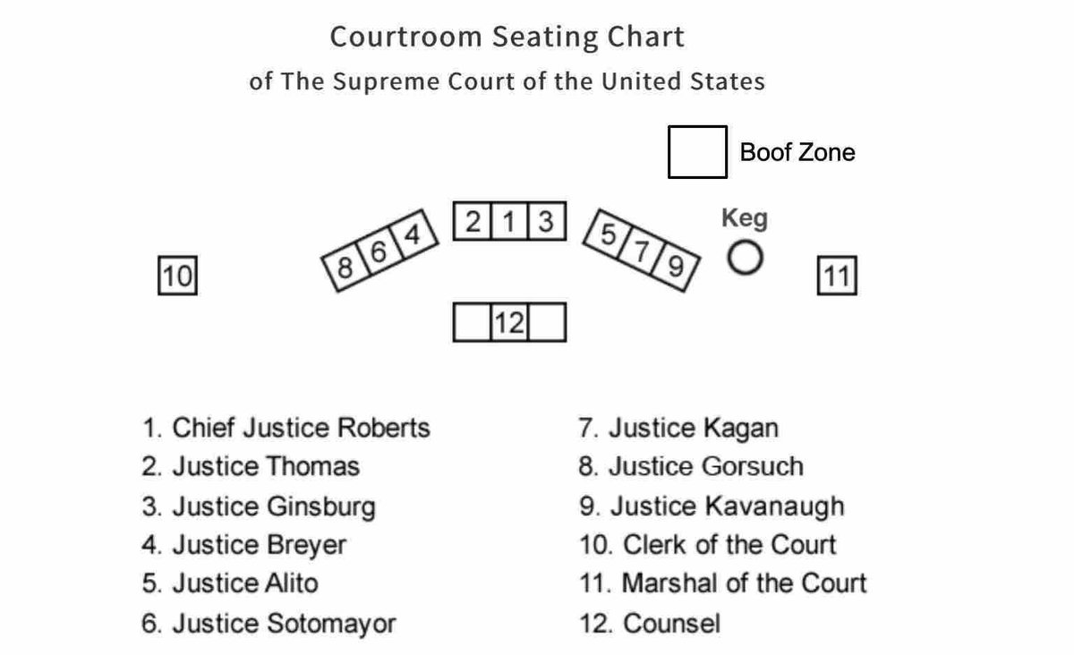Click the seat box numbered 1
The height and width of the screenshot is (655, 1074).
[x=509, y=221]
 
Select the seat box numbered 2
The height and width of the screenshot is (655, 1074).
[x=473, y=221]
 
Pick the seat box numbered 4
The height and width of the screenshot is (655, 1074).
[x=413, y=234]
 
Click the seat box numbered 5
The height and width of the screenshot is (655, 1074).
[x=608, y=236]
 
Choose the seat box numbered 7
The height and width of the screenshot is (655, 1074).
[x=642, y=252]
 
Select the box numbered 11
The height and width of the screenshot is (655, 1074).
[x=837, y=276]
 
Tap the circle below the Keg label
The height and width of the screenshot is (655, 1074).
[x=745, y=259]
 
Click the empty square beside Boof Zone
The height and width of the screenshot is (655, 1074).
[x=697, y=152]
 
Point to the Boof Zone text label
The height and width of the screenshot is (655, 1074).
[x=797, y=152]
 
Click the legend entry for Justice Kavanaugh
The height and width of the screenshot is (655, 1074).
[x=712, y=506]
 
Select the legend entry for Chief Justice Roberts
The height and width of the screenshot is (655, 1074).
[x=286, y=428]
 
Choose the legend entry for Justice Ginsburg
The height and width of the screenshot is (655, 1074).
[x=259, y=506]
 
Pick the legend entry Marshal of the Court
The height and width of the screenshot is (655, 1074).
[x=723, y=583]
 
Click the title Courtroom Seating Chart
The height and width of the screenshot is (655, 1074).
[x=507, y=37]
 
